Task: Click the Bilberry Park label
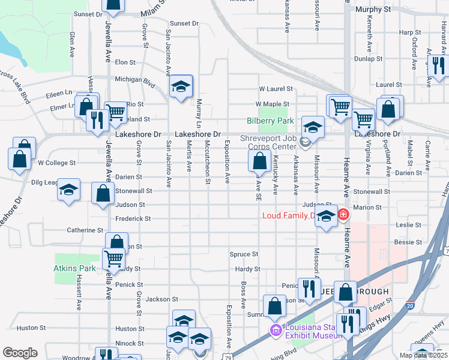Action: point(271,121)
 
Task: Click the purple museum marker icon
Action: point(276,331)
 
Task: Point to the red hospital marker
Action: point(343,214)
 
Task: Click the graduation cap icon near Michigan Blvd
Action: point(180,87)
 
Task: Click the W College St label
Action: point(56,163)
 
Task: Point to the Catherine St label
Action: point(85,230)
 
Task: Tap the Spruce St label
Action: point(244,254)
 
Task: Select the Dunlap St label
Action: point(368,59)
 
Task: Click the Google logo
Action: point(20,353)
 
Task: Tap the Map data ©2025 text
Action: point(423,355)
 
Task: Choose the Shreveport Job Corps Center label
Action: point(270,142)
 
